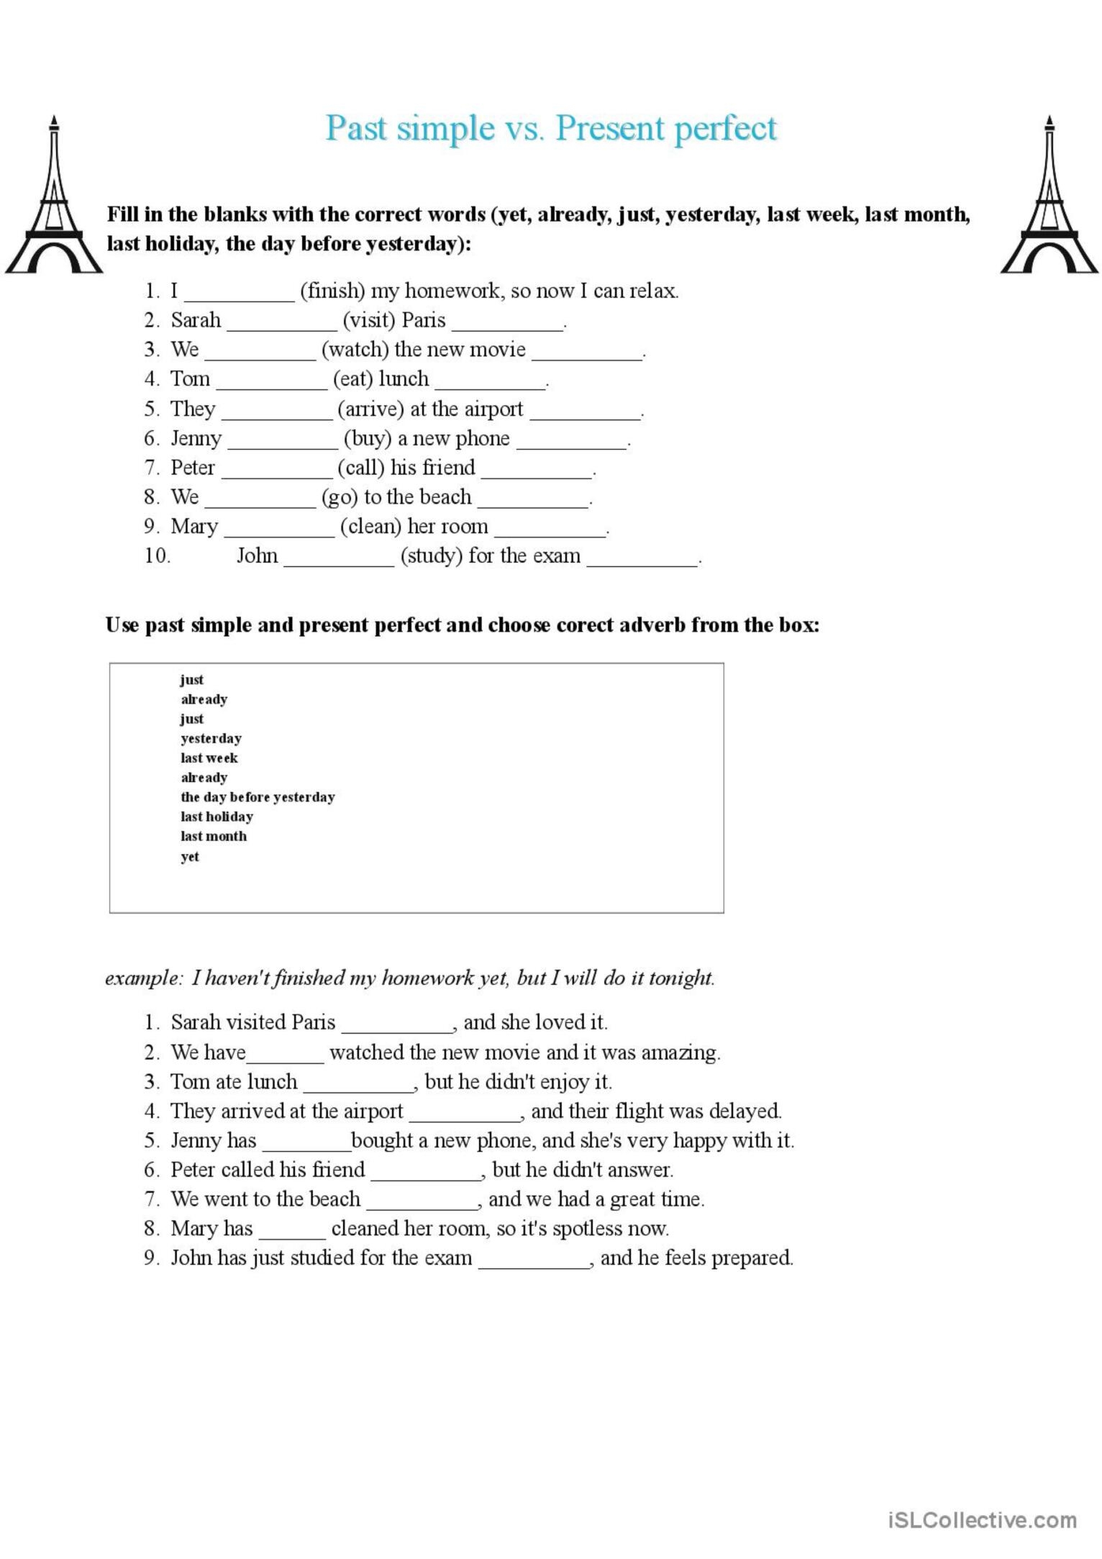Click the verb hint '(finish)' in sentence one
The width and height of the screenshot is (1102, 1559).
pyautogui.click(x=332, y=291)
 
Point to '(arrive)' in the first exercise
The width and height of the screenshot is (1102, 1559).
pyautogui.click(x=370, y=409)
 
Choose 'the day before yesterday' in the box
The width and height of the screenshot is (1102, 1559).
pyautogui.click(x=258, y=797)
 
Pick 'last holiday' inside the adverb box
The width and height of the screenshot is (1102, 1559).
pyautogui.click(x=217, y=817)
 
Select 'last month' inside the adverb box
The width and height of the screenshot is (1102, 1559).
pyautogui.click(x=214, y=836)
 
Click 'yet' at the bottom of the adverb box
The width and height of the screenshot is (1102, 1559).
pyautogui.click(x=190, y=857)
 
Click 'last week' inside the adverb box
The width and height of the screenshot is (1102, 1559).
pyautogui.click(x=209, y=758)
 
